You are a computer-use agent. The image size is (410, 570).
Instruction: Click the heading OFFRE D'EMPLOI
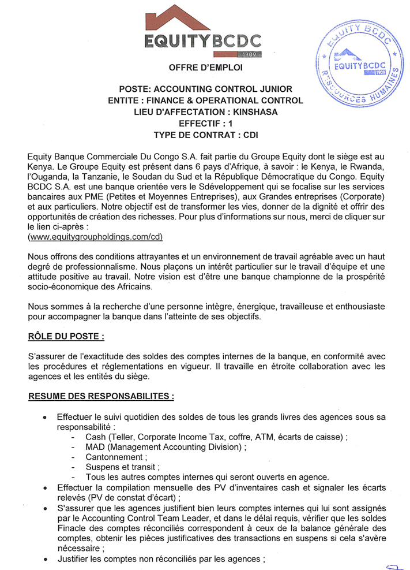coord(205,68)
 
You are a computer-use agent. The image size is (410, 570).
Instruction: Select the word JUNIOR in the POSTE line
coord(275,89)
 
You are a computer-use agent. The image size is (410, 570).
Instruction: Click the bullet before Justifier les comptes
coord(45,560)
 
